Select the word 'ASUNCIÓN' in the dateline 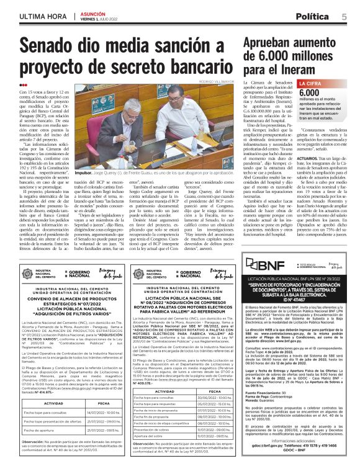pos(94,13)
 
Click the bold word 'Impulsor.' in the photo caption pos(83,156)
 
